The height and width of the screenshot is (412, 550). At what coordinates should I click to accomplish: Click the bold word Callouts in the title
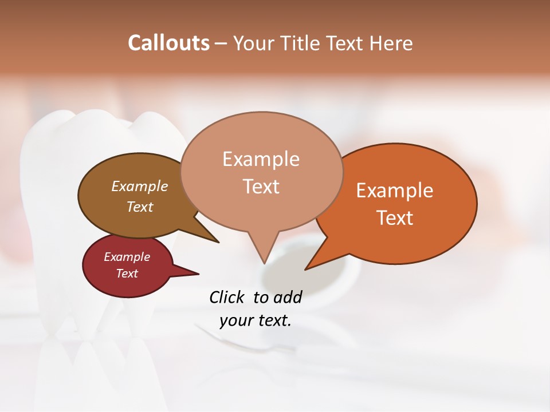coord(168,43)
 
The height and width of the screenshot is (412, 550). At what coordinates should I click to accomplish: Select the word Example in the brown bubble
coord(140,186)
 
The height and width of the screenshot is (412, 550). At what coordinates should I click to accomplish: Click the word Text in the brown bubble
coord(140,207)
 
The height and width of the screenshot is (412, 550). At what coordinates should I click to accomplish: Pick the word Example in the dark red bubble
coord(127,257)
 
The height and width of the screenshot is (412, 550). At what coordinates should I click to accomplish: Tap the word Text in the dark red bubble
coord(127,274)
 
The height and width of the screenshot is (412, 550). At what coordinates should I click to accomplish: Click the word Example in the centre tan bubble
coord(261,159)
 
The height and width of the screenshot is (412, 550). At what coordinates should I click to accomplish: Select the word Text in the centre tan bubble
coord(261,187)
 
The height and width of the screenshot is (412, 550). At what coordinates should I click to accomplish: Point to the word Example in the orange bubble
coord(395,191)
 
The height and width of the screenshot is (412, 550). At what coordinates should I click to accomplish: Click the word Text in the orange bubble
coord(395,218)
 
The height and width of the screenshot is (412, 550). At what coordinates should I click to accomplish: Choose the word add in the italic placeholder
coord(287,297)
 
